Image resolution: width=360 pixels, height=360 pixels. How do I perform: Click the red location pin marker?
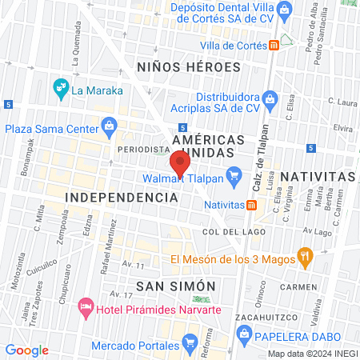click(x=180, y=163)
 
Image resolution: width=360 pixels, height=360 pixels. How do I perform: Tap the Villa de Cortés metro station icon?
click(x=274, y=46)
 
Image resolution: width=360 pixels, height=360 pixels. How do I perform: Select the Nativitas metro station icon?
click(x=252, y=205)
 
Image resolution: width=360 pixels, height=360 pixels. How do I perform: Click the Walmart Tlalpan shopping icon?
click(x=234, y=174)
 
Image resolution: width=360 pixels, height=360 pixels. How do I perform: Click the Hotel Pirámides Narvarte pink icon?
click(x=85, y=306)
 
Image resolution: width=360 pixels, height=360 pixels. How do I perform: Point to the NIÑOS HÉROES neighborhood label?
click(x=189, y=67)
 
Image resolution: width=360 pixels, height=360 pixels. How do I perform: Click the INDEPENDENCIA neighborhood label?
click(x=120, y=197)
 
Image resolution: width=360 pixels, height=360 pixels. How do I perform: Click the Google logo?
click(x=27, y=350)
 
